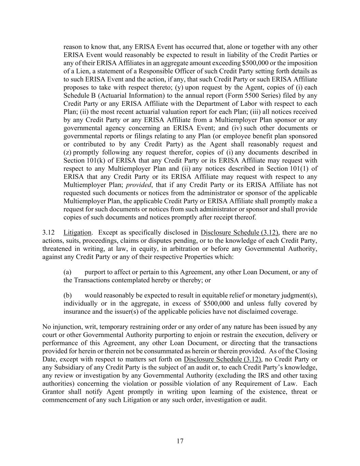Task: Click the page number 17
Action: [x=180, y=441]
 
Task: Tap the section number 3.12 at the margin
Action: [x=48, y=233]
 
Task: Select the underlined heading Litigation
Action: [x=77, y=233]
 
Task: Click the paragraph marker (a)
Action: [x=67, y=272]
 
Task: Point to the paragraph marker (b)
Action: [x=67, y=295]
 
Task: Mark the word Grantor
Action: [x=53, y=392]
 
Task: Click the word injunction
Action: [x=65, y=327]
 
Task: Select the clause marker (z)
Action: [x=68, y=152]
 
